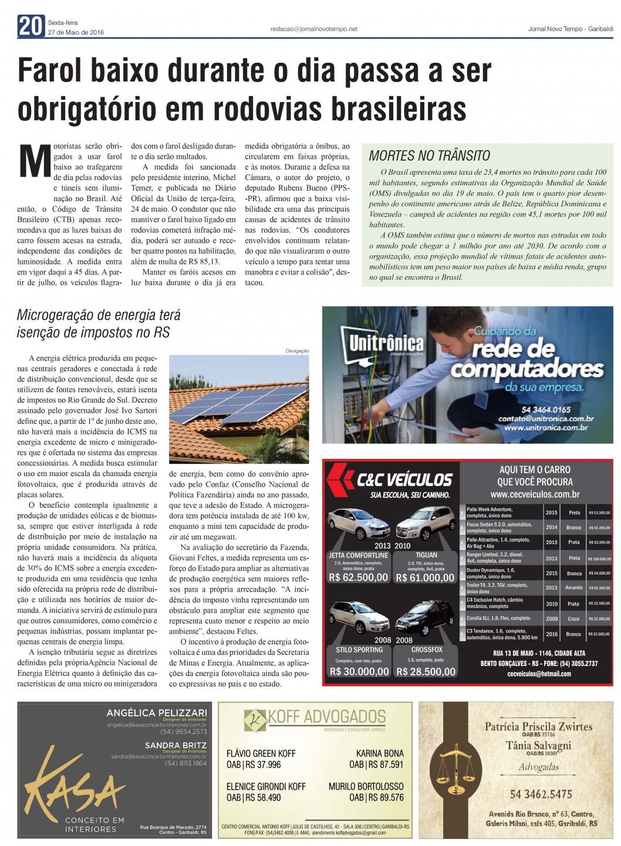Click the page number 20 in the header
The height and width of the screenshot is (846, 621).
pos(31,26)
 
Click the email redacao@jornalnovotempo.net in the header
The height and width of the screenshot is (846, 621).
pos(313,29)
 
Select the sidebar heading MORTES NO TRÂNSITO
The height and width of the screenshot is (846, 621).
pos(429,156)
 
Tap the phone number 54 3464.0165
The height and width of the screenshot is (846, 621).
pos(546,410)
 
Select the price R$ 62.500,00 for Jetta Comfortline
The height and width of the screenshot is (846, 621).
pos(358,577)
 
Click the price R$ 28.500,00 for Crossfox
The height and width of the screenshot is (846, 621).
pos(426,672)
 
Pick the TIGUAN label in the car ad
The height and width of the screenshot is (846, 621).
pos(426,555)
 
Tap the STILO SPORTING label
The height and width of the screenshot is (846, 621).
pos(359,650)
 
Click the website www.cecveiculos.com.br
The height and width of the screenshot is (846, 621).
pos(535,494)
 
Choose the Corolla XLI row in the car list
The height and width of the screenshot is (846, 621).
pos(498,618)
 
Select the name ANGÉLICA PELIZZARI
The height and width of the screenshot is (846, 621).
pos(157,713)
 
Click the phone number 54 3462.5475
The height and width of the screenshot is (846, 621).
pos(541,794)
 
